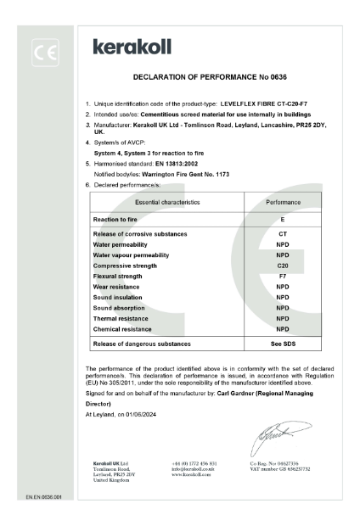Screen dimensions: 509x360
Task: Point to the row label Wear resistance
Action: (x=121, y=287)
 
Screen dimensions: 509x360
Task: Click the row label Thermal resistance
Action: (x=126, y=318)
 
